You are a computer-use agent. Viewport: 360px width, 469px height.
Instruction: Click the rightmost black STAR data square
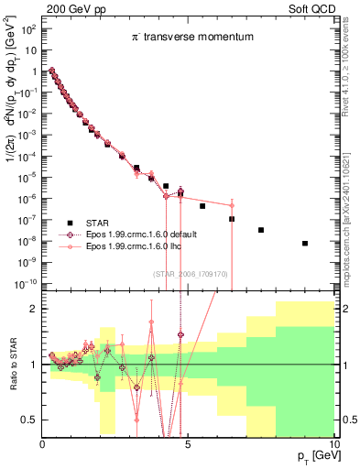[304, 243]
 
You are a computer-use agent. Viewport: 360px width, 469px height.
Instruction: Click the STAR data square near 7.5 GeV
[261, 230]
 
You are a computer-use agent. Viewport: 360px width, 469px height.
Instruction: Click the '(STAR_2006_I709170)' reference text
[189, 273]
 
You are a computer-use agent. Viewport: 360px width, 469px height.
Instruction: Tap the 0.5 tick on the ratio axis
[31, 420]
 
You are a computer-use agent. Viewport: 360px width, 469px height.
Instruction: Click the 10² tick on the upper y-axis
[29, 29]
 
